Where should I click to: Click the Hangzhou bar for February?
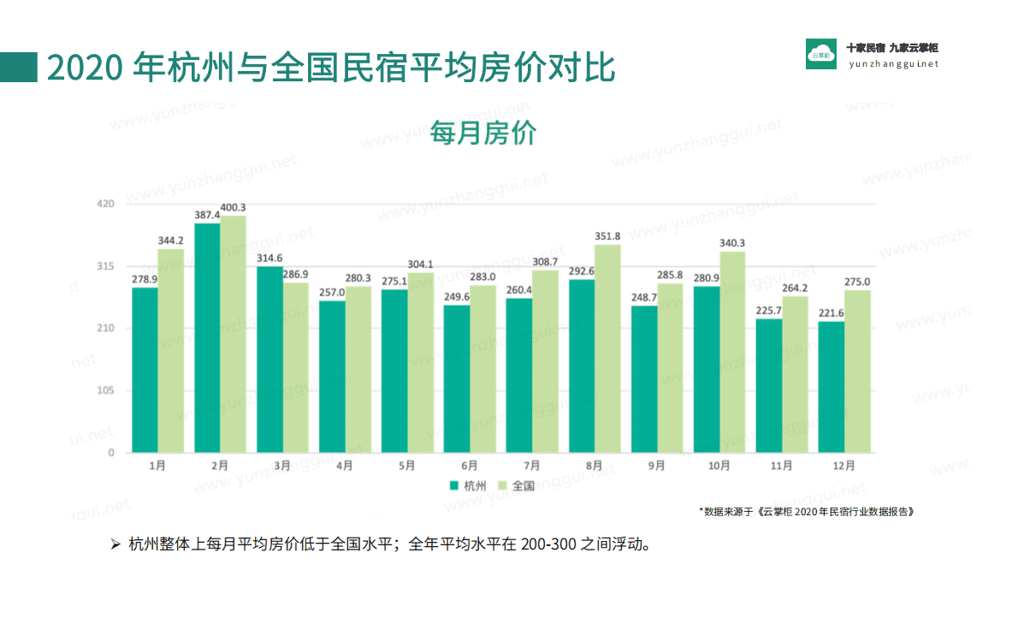207,338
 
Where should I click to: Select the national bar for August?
607,348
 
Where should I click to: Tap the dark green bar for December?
831,387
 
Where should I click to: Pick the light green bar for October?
732,352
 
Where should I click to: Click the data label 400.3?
234,207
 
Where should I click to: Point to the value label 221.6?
830,313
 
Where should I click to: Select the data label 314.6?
270,259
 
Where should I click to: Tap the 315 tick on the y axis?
105,266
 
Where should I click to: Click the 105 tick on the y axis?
105,391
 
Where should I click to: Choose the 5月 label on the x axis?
406,466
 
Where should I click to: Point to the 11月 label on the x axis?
781,466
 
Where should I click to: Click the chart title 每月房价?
482,134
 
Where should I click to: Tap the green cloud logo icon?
821,54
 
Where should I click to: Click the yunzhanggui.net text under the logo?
893,64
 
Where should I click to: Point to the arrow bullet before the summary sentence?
115,544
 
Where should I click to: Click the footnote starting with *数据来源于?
807,511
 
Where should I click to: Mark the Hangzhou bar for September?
644,379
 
